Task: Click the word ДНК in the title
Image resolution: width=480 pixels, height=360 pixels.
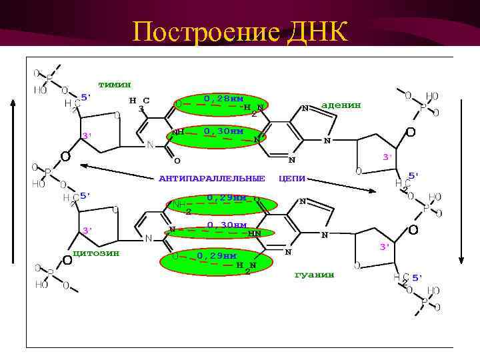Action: tap(319, 31)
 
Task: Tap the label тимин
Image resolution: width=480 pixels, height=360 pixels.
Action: tap(115, 85)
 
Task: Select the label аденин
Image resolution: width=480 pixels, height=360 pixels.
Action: tap(341, 105)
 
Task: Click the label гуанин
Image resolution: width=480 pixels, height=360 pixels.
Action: tap(314, 274)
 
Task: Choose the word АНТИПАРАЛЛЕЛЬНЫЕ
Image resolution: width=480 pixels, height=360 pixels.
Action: tap(211, 178)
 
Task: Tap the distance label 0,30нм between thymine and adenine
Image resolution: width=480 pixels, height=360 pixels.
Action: tap(224, 131)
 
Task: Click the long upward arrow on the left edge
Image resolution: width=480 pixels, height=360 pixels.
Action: tap(12, 180)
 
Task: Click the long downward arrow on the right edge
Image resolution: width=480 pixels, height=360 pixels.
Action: tap(461, 180)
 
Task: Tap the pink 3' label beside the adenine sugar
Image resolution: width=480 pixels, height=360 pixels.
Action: tap(385, 157)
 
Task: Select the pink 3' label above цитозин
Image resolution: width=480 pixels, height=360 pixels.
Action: tap(87, 230)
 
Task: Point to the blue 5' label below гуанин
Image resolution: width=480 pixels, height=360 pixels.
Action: tap(417, 277)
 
